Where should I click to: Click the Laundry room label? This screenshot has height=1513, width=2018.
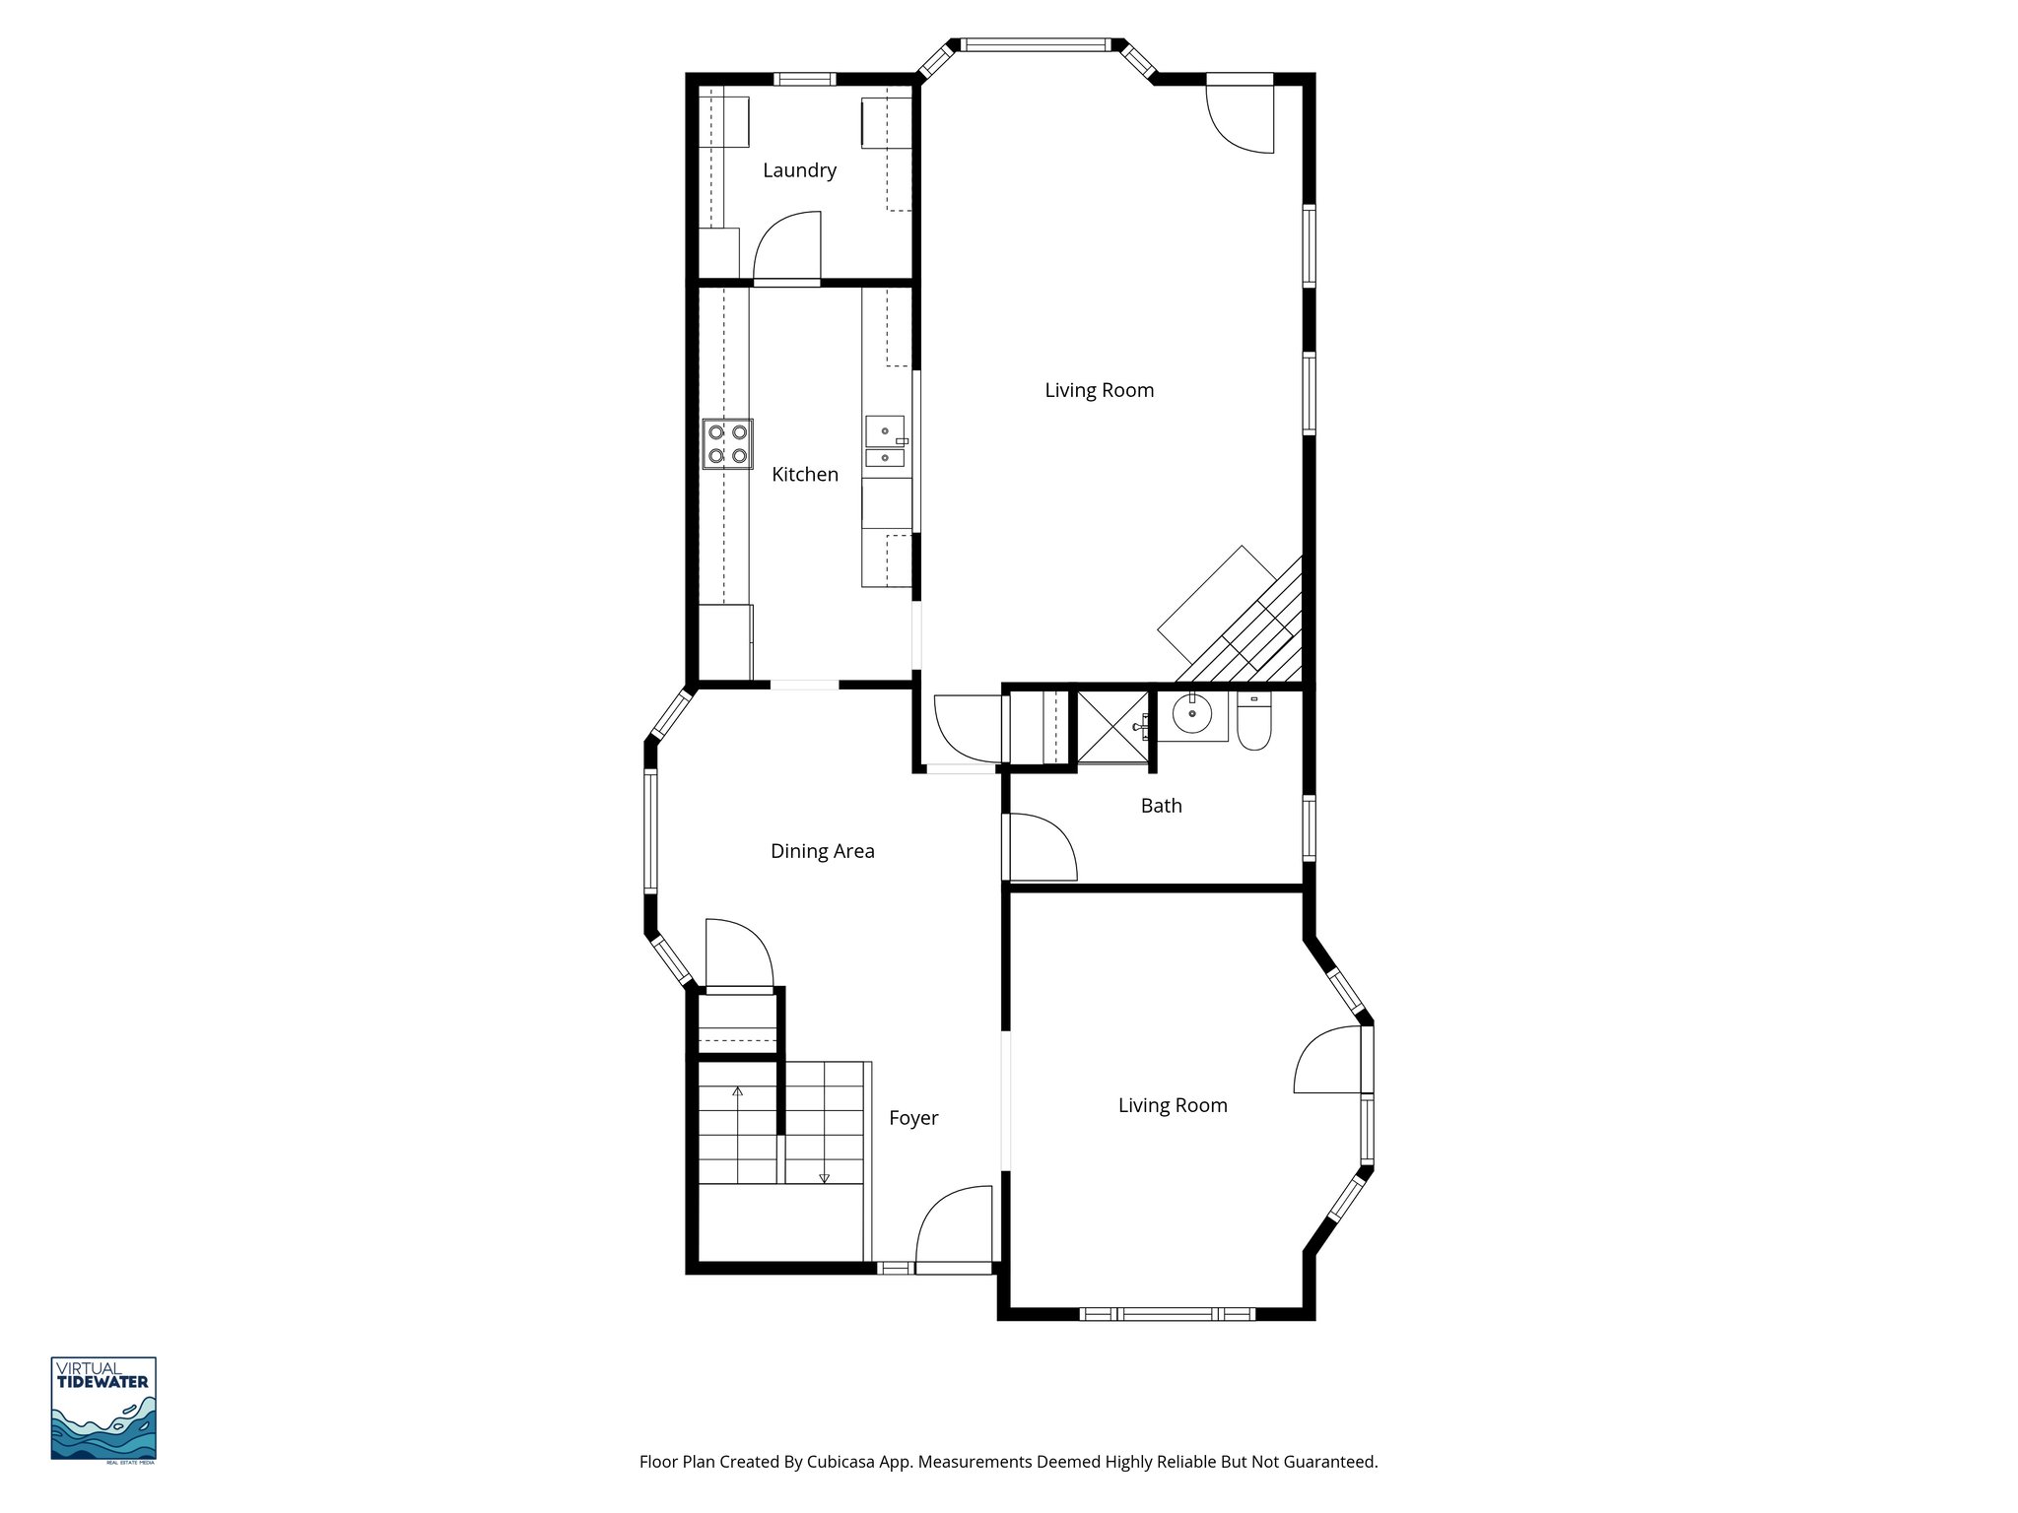(799, 170)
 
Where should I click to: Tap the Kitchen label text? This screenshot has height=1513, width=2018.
(804, 475)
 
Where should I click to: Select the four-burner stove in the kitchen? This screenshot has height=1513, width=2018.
(727, 444)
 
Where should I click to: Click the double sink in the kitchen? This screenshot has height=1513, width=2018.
(886, 443)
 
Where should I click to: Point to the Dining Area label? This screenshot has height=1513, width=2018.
(822, 851)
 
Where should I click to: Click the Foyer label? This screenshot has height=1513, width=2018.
(913, 1118)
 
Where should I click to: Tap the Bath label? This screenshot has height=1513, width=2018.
(1161, 806)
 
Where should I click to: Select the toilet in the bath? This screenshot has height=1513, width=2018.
(1254, 723)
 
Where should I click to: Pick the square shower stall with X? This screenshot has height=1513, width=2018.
(1112, 728)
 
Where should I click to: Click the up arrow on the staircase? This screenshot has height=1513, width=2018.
(737, 1091)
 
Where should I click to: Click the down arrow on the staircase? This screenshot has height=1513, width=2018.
(824, 1177)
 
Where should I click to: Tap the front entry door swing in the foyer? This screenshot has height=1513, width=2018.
(954, 1225)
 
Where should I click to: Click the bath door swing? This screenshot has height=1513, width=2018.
(1041, 847)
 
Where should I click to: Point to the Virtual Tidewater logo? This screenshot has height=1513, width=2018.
(103, 1409)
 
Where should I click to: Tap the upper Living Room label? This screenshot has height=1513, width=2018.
(1099, 390)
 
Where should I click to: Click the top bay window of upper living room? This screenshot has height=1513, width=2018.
(1035, 44)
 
